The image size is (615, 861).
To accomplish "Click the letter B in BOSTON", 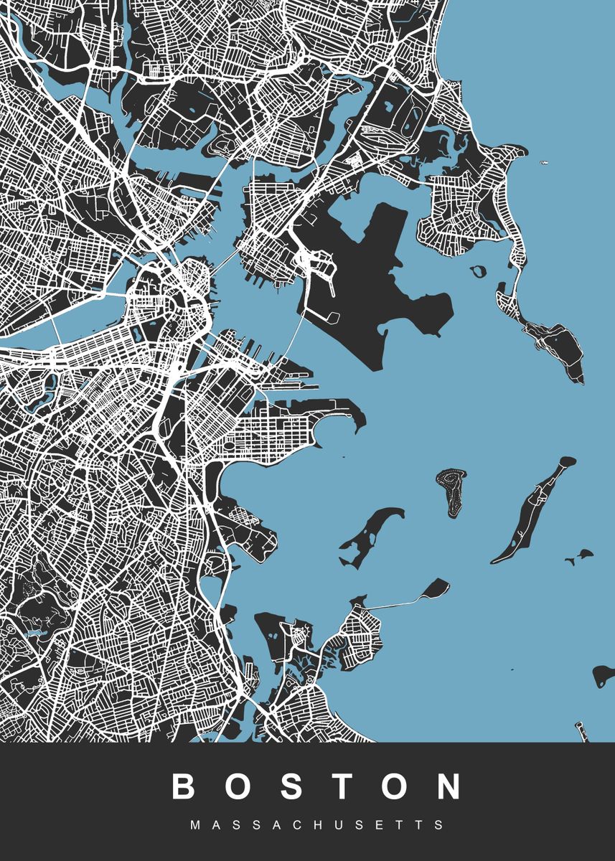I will click(x=184, y=787).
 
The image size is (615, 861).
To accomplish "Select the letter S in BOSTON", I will click(x=292, y=787).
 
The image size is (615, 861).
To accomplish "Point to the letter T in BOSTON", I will click(x=344, y=787).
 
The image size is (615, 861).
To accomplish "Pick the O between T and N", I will click(x=397, y=787).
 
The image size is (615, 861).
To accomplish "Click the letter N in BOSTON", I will click(x=451, y=787).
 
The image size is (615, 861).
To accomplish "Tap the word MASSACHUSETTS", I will click(x=318, y=825).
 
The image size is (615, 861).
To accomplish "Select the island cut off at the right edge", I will click(x=604, y=674).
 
